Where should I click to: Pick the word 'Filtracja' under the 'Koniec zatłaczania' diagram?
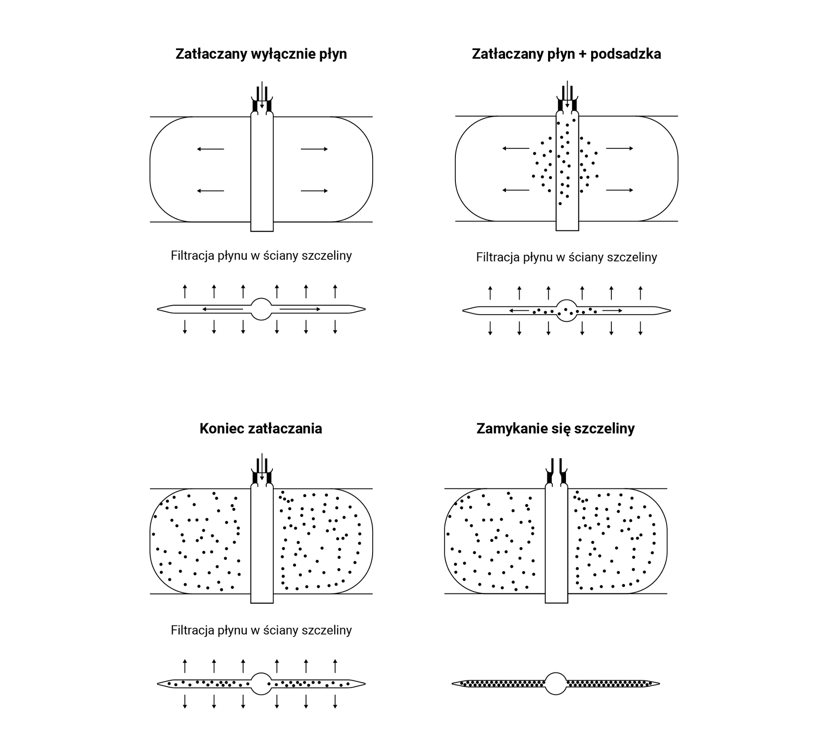[192, 630]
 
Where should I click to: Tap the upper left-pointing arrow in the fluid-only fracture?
[210, 149]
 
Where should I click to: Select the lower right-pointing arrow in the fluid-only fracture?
[314, 191]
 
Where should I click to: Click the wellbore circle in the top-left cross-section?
[261, 309]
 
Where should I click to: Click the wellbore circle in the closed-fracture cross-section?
[556, 683]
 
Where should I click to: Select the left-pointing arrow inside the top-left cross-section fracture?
[222, 309]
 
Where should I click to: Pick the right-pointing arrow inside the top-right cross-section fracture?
[612, 310]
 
